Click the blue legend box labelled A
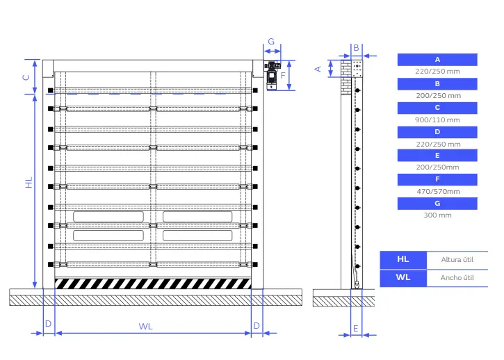coord(437,60)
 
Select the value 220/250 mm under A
coord(437,72)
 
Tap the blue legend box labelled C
coord(437,108)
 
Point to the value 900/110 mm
coord(437,120)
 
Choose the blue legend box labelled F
coord(437,179)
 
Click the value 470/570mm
coord(437,191)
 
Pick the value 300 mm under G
coord(437,215)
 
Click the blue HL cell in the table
coord(403,259)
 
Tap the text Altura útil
coord(457,259)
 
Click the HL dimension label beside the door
coord(29,183)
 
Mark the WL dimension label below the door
coord(145,325)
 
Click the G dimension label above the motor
coord(271,42)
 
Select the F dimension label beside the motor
coord(283,75)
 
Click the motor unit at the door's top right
coord(271,75)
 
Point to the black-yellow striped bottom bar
coord(152,283)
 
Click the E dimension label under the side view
coord(355,327)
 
